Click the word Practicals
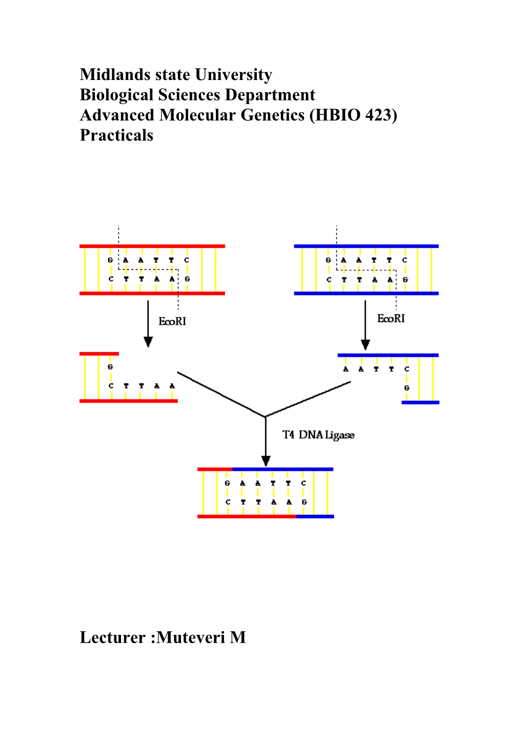click(x=116, y=135)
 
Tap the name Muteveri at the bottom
click(x=191, y=637)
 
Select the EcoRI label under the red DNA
click(x=172, y=322)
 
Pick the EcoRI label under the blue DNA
click(x=391, y=319)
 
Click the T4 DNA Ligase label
click(x=318, y=435)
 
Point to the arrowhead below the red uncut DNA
click(x=148, y=342)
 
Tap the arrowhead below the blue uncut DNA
click(x=365, y=345)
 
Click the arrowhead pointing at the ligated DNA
click(x=266, y=461)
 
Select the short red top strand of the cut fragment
click(x=99, y=354)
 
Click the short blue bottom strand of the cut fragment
click(x=420, y=403)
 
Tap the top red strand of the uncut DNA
click(x=152, y=246)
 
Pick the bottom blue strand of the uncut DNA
click(x=366, y=293)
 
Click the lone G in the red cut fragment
click(x=110, y=367)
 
